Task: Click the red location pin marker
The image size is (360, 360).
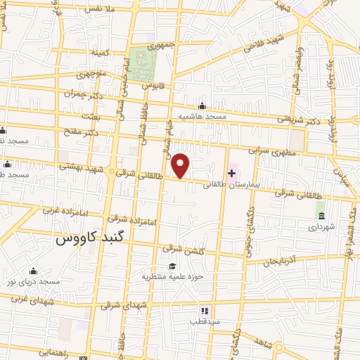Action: pyautogui.click(x=181, y=165)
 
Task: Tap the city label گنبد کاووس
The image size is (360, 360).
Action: pyautogui.click(x=89, y=238)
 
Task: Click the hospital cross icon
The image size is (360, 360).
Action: pyautogui.click(x=231, y=173)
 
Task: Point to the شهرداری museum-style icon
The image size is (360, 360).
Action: pyautogui.click(x=321, y=214)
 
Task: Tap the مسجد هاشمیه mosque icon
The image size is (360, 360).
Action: pyautogui.click(x=202, y=105)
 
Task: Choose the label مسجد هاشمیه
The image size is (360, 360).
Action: pyautogui.click(x=202, y=116)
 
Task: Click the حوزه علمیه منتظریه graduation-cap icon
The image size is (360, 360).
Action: pyautogui.click(x=172, y=265)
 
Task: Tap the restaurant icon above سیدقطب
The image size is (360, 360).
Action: pyautogui.click(x=205, y=310)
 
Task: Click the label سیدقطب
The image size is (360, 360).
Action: pyautogui.click(x=205, y=321)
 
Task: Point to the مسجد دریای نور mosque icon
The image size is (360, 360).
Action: pyautogui.click(x=32, y=271)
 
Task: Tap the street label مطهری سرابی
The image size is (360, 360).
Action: pyautogui.click(x=268, y=150)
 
